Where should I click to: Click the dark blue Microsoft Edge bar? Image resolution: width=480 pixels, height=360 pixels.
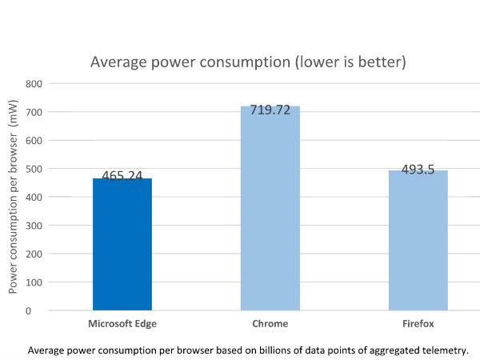(x=122, y=244)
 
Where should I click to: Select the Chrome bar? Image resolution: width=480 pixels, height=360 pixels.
(x=270, y=208)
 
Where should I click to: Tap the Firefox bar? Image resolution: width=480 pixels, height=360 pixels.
(x=418, y=240)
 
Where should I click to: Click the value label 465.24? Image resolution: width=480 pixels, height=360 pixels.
(x=122, y=177)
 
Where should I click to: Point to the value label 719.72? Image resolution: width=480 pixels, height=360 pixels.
(x=270, y=110)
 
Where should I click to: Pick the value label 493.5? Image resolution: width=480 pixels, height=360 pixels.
(x=418, y=169)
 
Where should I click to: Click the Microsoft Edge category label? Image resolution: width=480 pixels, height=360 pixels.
(x=122, y=324)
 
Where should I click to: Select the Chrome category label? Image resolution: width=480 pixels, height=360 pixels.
(x=270, y=324)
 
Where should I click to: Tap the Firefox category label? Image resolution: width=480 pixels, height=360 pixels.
(x=418, y=324)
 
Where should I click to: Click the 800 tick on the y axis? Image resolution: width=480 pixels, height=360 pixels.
(x=34, y=83)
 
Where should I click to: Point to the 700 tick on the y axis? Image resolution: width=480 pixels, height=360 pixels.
(x=34, y=112)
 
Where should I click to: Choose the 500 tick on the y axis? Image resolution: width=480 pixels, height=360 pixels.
(x=34, y=169)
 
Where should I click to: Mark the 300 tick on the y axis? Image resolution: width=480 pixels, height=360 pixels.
(x=34, y=226)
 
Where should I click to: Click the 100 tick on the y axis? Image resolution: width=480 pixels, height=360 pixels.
(x=34, y=282)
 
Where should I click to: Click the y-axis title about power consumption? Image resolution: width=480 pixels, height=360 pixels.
(x=14, y=196)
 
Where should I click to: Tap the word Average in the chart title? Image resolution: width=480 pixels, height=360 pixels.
(x=115, y=62)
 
